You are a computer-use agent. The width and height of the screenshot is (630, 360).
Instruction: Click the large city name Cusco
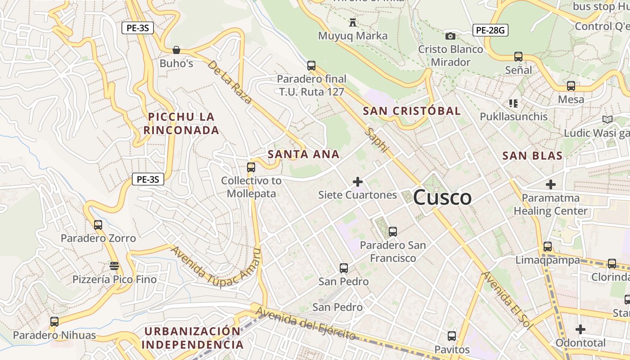pyautogui.click(x=442, y=198)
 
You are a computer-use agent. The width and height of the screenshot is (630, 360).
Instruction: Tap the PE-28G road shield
pyautogui.click(x=490, y=31)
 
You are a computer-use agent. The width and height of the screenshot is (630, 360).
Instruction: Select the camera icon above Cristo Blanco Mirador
pyautogui.click(x=450, y=36)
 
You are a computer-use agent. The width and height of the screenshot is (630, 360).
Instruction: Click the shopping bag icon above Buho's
pyautogui.click(x=176, y=49)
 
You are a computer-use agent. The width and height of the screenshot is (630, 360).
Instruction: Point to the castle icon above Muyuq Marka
pyautogui.click(x=352, y=22)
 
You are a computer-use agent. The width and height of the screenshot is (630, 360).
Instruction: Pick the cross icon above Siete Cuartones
pyautogui.click(x=358, y=182)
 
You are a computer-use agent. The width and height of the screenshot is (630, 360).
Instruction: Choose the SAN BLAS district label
pyautogui.click(x=532, y=156)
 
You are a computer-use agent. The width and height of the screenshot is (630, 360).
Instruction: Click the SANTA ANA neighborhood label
pyautogui.click(x=303, y=154)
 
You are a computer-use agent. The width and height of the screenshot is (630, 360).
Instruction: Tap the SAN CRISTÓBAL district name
pyautogui.click(x=412, y=111)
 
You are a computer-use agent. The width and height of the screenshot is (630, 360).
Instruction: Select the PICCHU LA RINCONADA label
pyautogui.click(x=181, y=124)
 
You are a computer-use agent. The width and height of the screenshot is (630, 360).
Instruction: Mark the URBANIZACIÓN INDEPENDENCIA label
pyautogui.click(x=193, y=338)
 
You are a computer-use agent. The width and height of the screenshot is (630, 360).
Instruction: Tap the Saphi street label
pyautogui.click(x=376, y=140)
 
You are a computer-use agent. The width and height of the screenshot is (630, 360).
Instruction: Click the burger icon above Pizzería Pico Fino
pyautogui.click(x=114, y=265)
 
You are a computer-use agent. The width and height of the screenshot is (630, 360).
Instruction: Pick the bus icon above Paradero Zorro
pyautogui.click(x=98, y=225)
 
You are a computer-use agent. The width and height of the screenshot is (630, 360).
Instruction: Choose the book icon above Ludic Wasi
pyautogui.click(x=607, y=119)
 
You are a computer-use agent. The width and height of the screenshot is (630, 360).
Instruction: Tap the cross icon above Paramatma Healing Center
pyautogui.click(x=550, y=184)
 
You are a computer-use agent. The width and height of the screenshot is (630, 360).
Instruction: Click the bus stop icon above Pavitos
pyautogui.click(x=452, y=336)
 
